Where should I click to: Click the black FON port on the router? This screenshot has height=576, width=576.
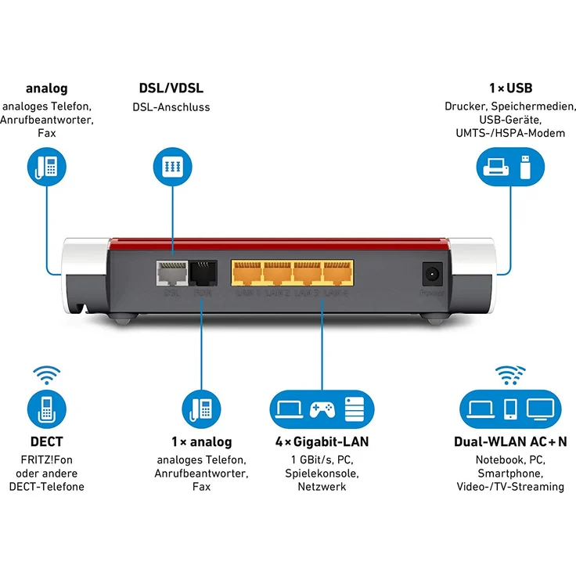click(202, 273)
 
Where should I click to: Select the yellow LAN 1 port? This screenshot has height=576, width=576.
click(246, 273)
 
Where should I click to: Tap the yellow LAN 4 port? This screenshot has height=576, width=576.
click(337, 273)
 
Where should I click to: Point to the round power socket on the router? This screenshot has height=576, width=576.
click(430, 274)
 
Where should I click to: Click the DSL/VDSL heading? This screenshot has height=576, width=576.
click(171, 88)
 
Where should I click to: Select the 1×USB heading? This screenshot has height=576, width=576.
click(509, 88)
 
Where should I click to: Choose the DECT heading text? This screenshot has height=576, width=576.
click(46, 441)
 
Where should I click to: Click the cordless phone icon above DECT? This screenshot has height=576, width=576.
click(47, 408)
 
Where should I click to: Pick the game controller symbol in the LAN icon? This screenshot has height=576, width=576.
click(322, 408)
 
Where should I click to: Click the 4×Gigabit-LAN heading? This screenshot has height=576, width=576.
click(322, 441)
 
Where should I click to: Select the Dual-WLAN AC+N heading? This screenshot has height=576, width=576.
click(509, 441)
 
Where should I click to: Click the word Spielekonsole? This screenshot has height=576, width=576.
click(322, 473)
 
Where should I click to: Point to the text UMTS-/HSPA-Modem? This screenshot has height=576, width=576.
click(509, 133)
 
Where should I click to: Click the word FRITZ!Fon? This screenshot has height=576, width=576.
click(46, 459)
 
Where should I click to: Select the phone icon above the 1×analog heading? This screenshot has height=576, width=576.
click(202, 408)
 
